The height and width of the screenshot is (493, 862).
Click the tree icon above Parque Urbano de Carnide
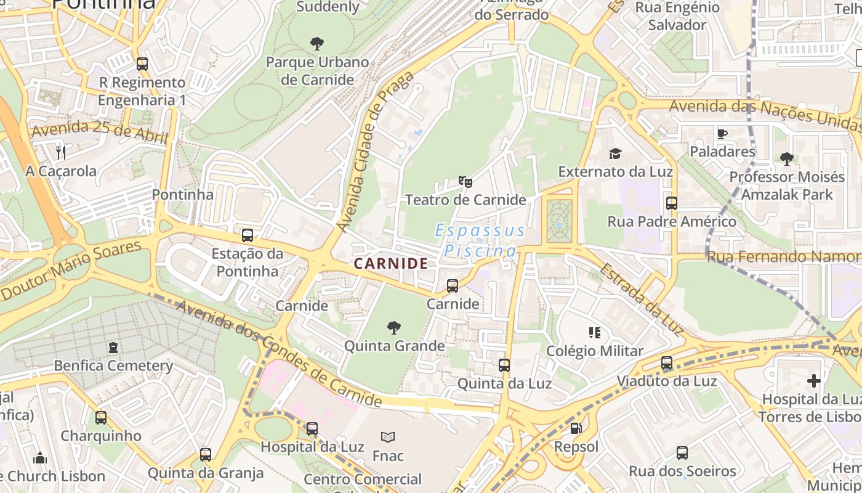(317, 44)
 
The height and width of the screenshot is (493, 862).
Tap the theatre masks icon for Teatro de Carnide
(465, 182)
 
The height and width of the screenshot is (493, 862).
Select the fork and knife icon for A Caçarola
(60, 152)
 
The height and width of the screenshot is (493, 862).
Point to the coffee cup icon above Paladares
(722, 134)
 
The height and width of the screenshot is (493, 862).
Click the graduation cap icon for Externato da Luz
(615, 153)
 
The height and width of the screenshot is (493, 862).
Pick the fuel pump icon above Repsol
(576, 428)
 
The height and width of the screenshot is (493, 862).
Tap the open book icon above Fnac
(387, 438)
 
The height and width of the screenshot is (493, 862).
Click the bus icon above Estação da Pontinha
(247, 235)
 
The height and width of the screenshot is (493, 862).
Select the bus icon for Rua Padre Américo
(671, 203)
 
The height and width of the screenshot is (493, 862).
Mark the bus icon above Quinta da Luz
(504, 365)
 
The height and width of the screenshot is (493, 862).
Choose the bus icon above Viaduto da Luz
(667, 363)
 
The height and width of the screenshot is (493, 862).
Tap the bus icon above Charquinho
(101, 418)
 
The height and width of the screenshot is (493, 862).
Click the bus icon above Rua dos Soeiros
(682, 453)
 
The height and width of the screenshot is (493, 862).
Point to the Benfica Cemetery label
(113, 365)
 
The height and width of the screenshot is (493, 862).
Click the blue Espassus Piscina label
(480, 241)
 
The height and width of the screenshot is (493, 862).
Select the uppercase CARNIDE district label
(391, 264)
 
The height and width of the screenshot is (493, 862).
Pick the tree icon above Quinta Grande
(394, 328)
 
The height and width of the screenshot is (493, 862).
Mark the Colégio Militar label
(595, 351)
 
